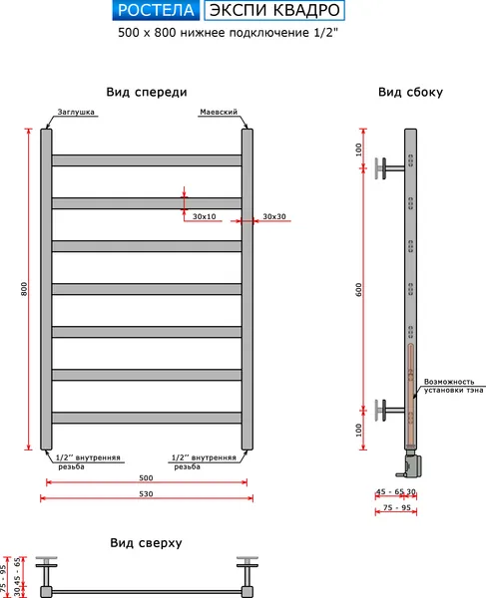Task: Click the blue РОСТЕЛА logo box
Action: point(156,10)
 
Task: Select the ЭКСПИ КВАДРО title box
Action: point(274,10)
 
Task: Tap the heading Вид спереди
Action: point(147,93)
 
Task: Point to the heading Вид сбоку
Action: point(410,93)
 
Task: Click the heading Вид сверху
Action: point(146,543)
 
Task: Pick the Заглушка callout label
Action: point(76,112)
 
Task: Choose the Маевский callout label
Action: point(219,112)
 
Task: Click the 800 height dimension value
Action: point(24,289)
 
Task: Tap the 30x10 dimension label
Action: point(205,216)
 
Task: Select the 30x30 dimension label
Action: point(274,216)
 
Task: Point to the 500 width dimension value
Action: point(146,477)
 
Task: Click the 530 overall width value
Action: point(146,494)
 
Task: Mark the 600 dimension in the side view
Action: point(358,290)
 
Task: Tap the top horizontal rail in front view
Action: point(147,160)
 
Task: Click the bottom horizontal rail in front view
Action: point(147,418)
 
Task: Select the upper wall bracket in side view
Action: point(389,168)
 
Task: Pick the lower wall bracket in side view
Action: point(389,410)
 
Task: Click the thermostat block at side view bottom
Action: point(410,463)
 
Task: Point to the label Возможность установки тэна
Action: point(453,386)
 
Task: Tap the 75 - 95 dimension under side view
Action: point(396,507)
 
